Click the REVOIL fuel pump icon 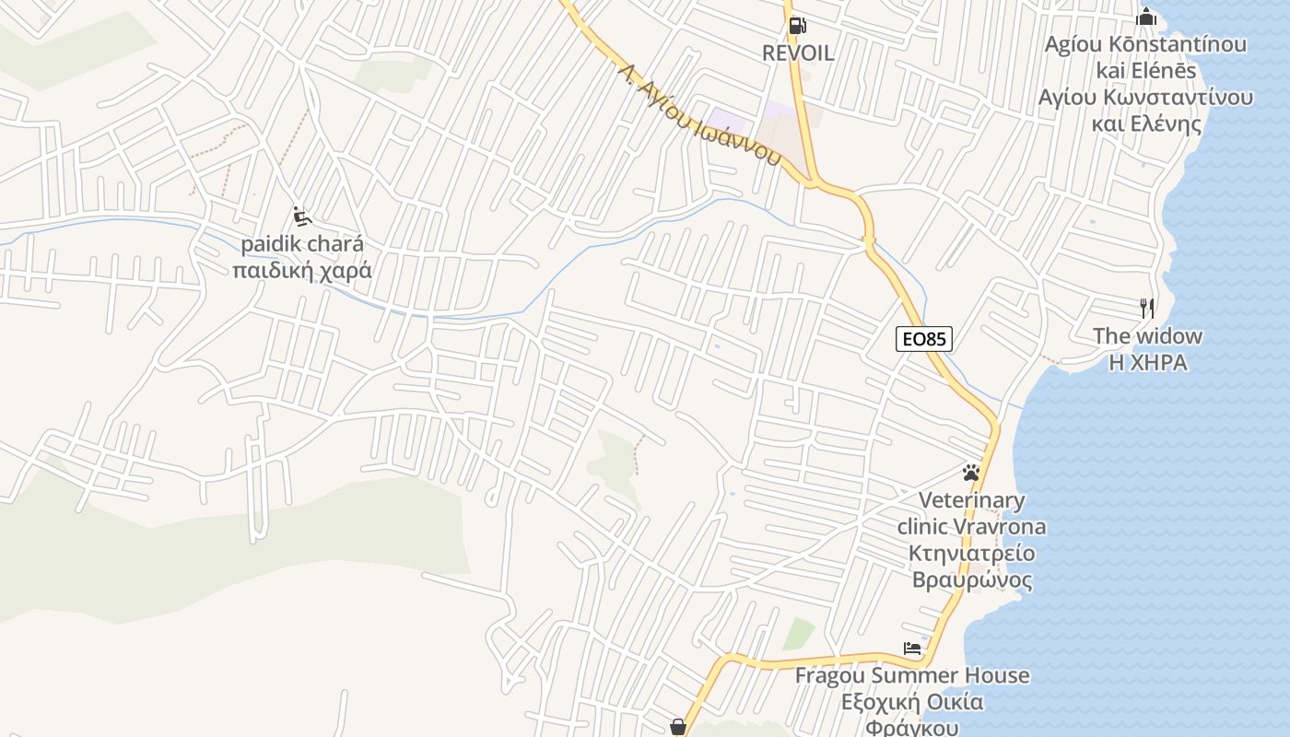coord(798,27)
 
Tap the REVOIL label coord(798,53)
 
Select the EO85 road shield coord(923,339)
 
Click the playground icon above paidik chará coord(301,216)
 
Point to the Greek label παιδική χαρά coord(302,271)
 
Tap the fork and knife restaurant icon coord(1147,308)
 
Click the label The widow coord(1147,336)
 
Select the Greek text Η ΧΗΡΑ coord(1147,363)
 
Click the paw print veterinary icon coord(970,474)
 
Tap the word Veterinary coord(972,501)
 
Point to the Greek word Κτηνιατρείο coord(972,555)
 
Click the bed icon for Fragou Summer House coord(912,649)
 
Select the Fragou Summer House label coord(912,675)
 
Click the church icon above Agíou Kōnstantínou coord(1146,17)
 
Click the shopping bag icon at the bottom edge coord(678,728)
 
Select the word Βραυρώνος coord(972,581)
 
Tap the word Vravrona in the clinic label coord(999,528)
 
